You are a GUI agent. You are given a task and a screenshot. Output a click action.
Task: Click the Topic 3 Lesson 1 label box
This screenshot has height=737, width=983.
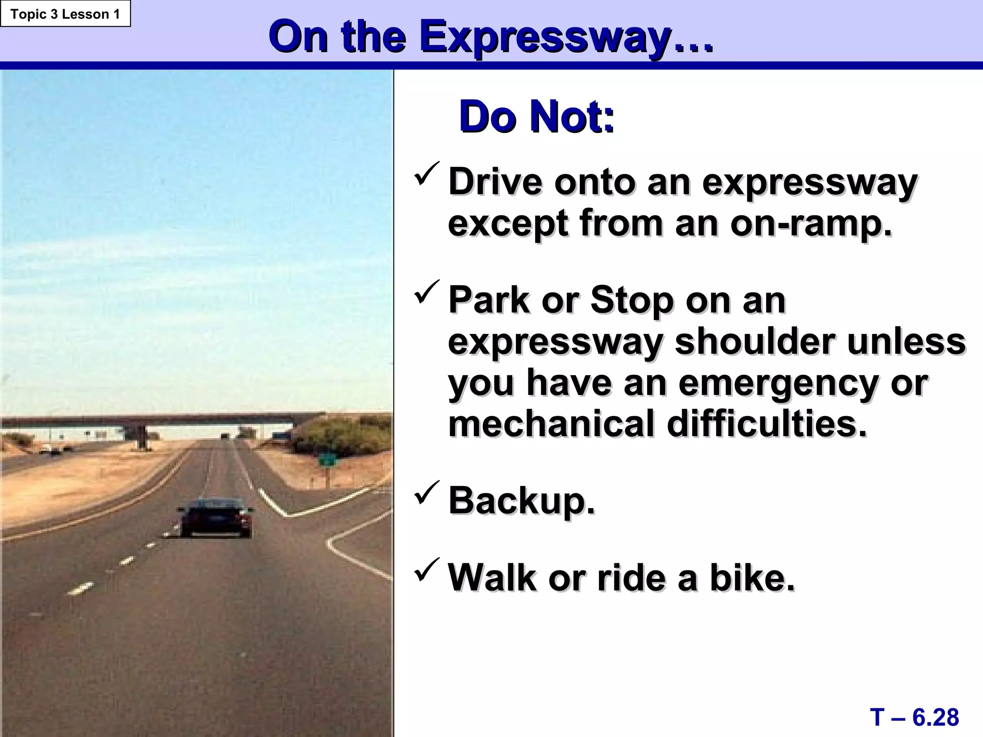click(x=65, y=14)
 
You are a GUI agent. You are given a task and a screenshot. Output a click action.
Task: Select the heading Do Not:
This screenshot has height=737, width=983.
click(x=536, y=117)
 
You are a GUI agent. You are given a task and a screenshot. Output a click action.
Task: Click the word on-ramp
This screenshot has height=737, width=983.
click(x=811, y=224)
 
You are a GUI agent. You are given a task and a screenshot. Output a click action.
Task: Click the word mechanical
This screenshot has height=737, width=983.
click(x=551, y=424)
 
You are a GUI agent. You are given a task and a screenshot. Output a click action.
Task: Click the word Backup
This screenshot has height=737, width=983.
click(x=521, y=500)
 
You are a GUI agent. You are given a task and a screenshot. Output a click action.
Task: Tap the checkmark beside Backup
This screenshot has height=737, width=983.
click(x=426, y=493)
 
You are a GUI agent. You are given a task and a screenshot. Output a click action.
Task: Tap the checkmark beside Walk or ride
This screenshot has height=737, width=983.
click(x=426, y=570)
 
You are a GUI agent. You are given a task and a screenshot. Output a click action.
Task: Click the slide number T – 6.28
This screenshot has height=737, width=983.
click(x=914, y=717)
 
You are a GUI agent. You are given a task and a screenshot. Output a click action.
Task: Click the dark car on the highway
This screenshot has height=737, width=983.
click(x=215, y=518)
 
